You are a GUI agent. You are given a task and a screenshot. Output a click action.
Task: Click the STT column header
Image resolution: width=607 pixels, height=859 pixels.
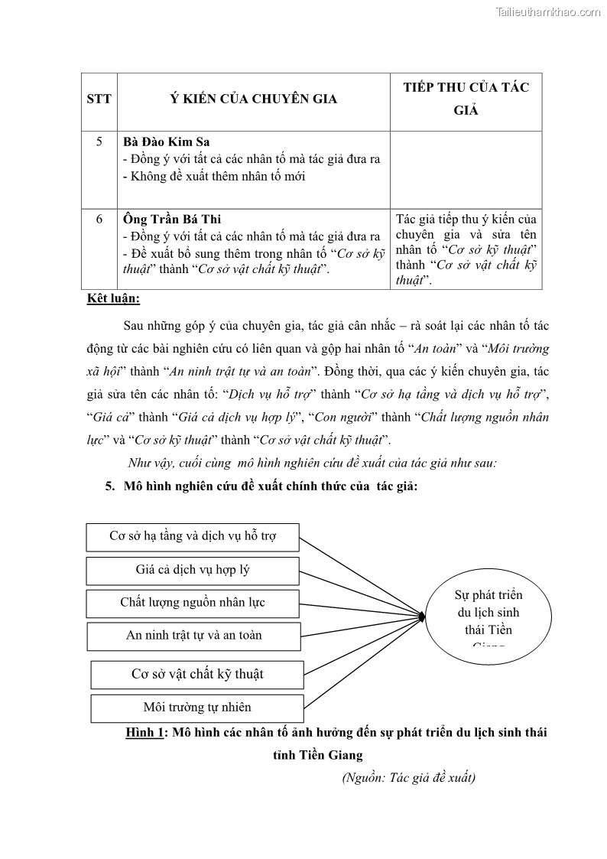click(99, 99)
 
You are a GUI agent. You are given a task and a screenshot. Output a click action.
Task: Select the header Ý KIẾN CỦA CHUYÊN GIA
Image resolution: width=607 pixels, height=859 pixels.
click(253, 99)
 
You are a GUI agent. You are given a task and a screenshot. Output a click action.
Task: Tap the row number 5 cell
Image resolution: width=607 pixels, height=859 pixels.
click(99, 142)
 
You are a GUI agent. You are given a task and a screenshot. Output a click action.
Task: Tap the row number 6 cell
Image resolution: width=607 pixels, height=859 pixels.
click(99, 219)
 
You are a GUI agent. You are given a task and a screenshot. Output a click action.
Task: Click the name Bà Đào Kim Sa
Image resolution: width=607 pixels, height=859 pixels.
click(167, 142)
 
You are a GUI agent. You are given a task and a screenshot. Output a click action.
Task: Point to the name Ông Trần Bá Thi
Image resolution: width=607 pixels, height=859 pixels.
click(172, 219)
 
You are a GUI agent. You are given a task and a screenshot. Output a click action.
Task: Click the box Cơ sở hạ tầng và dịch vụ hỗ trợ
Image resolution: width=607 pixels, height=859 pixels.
click(193, 536)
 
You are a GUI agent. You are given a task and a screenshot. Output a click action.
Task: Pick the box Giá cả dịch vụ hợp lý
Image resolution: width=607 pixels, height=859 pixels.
click(193, 570)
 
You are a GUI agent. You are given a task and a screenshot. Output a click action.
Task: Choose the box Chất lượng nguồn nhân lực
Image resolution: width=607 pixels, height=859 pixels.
click(193, 603)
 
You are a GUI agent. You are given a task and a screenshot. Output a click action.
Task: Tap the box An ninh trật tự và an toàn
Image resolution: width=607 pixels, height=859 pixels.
click(194, 636)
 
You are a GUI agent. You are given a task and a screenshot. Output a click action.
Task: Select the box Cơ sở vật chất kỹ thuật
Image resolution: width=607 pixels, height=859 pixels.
click(197, 674)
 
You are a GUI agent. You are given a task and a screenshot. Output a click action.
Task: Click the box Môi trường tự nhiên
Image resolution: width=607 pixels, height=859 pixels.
click(197, 708)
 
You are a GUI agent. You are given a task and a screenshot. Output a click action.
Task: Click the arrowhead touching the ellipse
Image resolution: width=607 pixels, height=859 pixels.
click(421, 615)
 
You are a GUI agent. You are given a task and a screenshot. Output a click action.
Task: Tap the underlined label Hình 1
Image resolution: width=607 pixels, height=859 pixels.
click(145, 733)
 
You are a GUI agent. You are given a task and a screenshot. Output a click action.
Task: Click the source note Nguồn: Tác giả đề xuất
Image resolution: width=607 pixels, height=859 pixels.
click(408, 778)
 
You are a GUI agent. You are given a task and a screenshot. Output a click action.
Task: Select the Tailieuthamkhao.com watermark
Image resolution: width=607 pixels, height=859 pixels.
click(548, 11)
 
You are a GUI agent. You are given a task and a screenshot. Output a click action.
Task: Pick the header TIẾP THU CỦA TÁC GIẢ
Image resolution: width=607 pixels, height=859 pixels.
click(466, 99)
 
